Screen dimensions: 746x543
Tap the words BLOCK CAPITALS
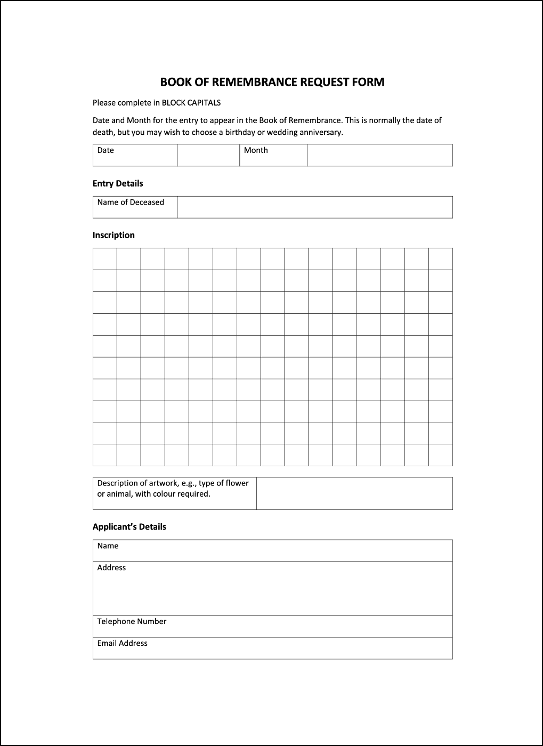(x=191, y=103)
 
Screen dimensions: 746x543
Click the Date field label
(x=106, y=150)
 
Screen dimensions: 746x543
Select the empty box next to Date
(x=208, y=155)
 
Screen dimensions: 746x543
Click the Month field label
(x=256, y=150)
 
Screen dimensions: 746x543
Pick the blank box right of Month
(x=379, y=155)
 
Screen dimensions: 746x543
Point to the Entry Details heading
(x=118, y=183)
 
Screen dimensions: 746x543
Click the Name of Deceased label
(x=131, y=202)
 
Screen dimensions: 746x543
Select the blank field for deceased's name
(x=314, y=207)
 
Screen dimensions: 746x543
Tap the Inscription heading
(x=114, y=235)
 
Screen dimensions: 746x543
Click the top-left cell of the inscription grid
(x=105, y=259)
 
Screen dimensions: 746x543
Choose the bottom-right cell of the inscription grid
(x=440, y=455)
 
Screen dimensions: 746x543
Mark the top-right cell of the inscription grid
(x=440, y=259)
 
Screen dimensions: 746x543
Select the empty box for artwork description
(x=354, y=493)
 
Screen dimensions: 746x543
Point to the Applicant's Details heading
(x=129, y=526)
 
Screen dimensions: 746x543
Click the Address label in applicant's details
(x=111, y=568)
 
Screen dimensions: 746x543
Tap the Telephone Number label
(x=132, y=621)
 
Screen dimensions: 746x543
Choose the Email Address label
(x=122, y=643)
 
